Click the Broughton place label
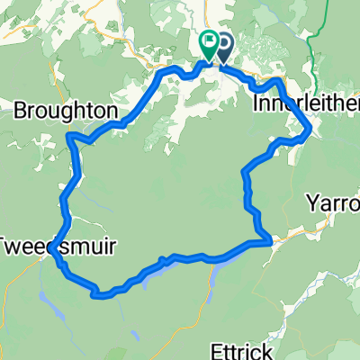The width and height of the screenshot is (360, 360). pyautogui.click(x=66, y=110)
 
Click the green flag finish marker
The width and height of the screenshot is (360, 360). pyautogui.click(x=208, y=41)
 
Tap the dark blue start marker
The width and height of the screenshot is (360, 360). pyautogui.click(x=221, y=43)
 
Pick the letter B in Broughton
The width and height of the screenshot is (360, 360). pyautogui.click(x=21, y=110)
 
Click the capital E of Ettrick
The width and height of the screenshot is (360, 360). pyautogui.click(x=217, y=348)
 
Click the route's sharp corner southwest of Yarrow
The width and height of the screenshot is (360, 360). pyautogui.click(x=268, y=241)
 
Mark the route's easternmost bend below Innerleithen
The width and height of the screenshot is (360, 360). pyautogui.click(x=310, y=131)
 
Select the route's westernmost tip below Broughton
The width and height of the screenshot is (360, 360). pyautogui.click(x=69, y=137)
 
